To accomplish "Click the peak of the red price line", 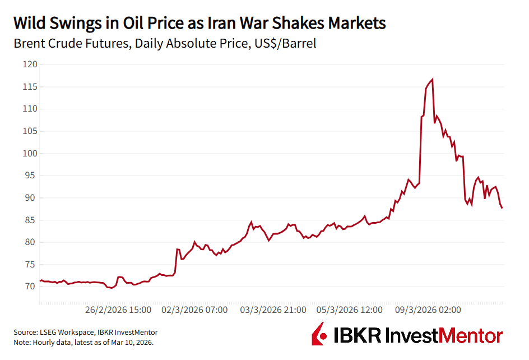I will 432,79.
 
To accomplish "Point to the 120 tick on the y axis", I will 29,64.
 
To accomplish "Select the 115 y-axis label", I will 29,87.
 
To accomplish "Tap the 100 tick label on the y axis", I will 29,154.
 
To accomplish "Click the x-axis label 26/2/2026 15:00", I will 118,310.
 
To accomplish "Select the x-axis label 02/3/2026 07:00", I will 195,310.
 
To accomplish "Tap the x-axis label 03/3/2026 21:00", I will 273,310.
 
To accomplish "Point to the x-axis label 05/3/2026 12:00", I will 350,310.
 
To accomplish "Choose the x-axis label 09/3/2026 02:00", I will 428,310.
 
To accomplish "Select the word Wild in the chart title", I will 31,24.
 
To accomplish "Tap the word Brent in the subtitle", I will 31,43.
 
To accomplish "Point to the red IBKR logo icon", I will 320,334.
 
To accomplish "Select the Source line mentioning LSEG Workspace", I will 85,333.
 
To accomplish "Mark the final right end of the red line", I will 502,208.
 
